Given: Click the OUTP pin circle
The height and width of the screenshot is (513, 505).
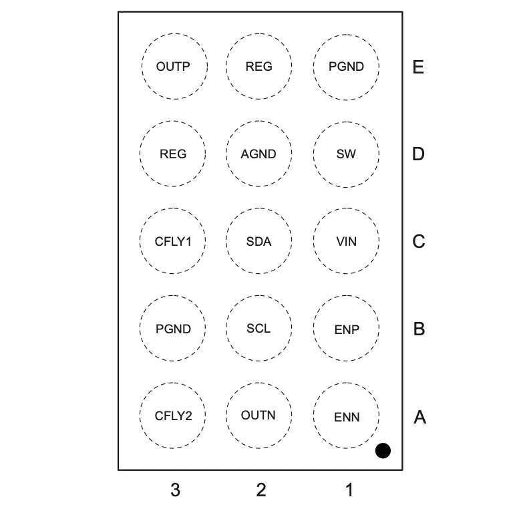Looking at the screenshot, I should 174,67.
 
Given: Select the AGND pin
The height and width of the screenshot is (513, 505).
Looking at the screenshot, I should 259,154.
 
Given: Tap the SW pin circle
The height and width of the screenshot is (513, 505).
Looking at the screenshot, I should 346,154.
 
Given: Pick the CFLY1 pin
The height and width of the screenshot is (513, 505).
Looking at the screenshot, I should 173,241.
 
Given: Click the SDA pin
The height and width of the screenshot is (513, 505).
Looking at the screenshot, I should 259,241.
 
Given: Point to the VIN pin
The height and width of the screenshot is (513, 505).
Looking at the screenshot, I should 346,241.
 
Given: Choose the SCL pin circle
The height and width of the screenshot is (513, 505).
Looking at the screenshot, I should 259,329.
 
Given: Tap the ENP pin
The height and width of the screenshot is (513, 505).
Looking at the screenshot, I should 346,329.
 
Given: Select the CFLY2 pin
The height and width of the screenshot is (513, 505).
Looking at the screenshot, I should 173,415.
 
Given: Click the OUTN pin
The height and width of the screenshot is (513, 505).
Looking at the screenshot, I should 259,415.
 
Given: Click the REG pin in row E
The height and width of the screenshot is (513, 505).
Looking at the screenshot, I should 259,67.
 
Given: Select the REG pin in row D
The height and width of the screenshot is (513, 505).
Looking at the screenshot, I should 173,154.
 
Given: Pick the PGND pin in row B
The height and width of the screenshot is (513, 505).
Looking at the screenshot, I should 173,329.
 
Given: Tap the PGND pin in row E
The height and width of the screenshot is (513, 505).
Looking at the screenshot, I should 346,67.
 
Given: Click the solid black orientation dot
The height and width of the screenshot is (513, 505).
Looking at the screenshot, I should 383,451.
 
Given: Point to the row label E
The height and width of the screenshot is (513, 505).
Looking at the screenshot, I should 419,67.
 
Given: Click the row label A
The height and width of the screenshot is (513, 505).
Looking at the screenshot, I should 419,417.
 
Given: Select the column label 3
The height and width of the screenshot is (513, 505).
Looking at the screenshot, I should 175,490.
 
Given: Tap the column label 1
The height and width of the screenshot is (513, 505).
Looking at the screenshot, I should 349,490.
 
